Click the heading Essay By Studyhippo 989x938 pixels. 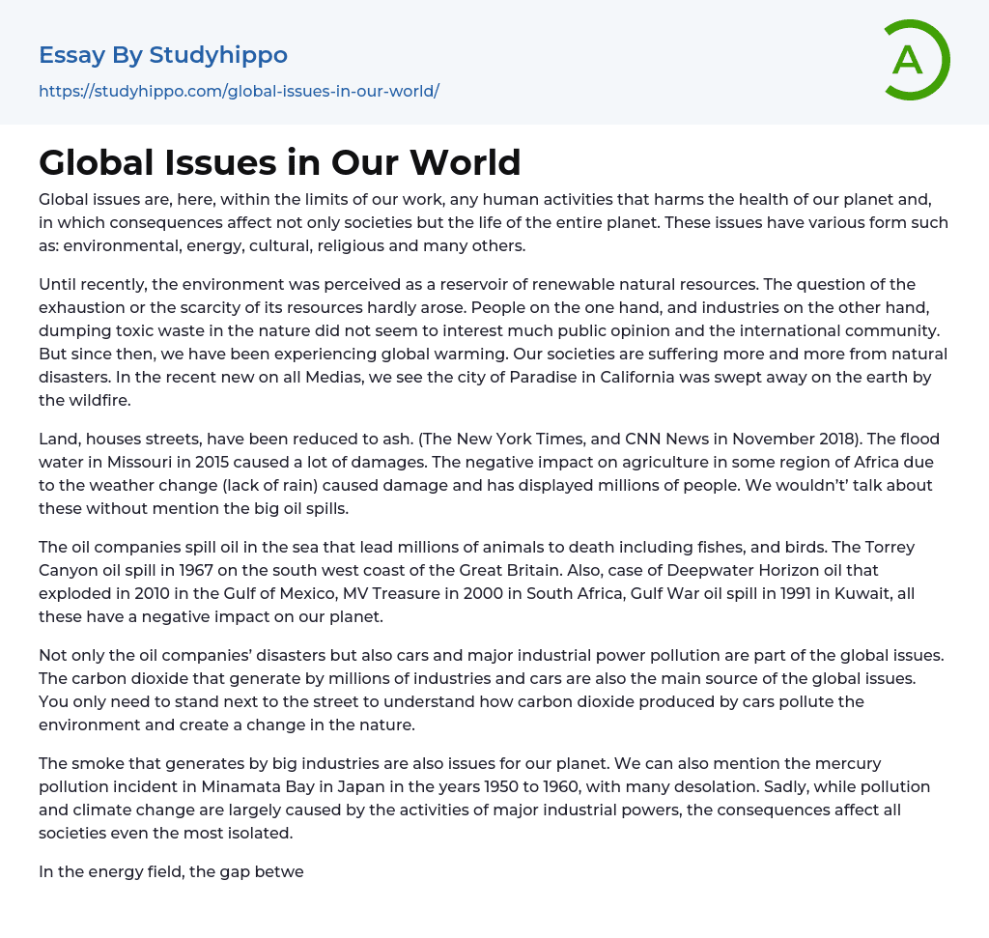point(163,55)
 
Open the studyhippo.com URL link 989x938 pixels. point(239,92)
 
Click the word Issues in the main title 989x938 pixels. point(221,162)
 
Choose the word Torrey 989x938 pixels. point(887,547)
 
